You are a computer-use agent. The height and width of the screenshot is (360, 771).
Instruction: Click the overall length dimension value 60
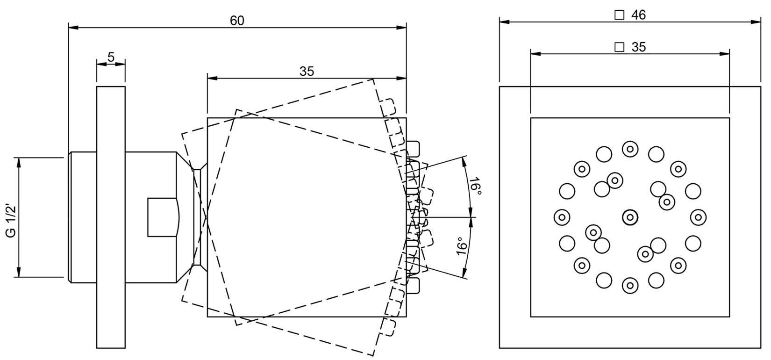click(237, 21)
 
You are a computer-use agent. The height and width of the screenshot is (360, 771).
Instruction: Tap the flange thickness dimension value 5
click(111, 57)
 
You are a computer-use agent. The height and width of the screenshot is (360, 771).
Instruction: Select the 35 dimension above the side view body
click(307, 72)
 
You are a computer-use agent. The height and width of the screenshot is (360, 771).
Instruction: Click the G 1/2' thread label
click(12, 217)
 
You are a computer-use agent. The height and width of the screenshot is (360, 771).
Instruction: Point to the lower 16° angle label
click(462, 246)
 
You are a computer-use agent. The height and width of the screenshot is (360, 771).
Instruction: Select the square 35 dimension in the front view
click(638, 47)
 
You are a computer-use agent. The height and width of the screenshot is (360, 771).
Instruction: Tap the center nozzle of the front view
click(630, 217)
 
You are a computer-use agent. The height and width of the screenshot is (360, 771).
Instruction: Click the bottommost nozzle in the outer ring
click(630, 285)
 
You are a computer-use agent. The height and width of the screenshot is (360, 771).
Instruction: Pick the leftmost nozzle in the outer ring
click(562, 217)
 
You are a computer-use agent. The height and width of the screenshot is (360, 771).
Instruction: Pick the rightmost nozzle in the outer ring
click(698, 217)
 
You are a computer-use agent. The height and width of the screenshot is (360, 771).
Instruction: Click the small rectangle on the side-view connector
click(162, 217)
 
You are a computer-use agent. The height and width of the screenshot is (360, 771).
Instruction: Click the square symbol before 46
click(619, 15)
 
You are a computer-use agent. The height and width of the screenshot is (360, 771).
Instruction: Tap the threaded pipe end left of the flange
click(82, 217)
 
